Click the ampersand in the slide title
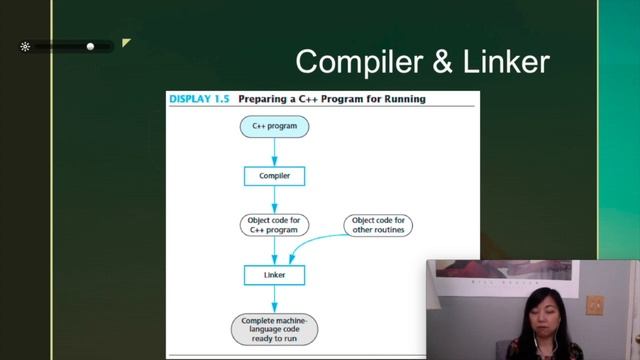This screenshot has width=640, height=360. [441, 62]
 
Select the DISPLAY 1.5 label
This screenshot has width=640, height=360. [199, 99]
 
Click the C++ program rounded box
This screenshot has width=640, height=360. [274, 127]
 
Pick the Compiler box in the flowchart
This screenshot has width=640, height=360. [274, 176]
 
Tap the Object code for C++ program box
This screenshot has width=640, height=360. [274, 225]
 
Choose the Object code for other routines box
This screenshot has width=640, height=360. [380, 225]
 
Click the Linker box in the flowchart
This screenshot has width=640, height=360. [274, 274]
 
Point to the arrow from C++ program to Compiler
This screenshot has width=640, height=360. [274, 151]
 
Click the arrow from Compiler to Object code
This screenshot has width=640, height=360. [274, 200]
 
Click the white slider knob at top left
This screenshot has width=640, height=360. [90, 46]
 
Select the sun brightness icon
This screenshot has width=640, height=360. [25, 46]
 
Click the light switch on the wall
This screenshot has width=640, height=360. [594, 304]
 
